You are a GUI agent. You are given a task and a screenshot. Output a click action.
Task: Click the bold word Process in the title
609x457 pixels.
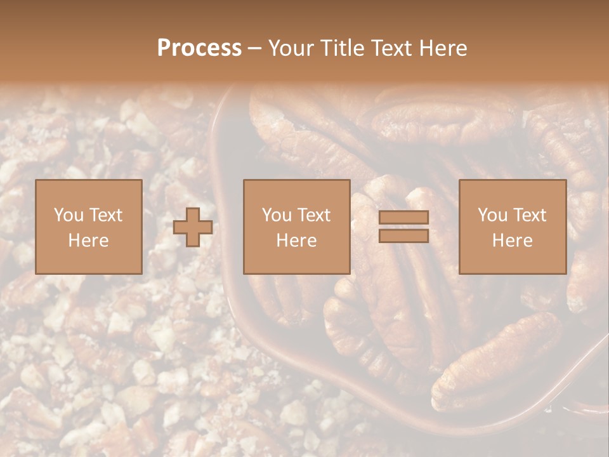tap(199, 48)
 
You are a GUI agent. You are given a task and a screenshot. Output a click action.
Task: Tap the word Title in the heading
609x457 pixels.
tap(343, 48)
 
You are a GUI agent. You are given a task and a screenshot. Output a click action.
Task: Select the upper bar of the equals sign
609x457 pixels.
tap(403, 217)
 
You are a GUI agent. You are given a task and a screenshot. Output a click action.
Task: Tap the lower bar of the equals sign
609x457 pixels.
tap(403, 236)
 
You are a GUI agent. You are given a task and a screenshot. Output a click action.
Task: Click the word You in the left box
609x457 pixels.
tap(69, 215)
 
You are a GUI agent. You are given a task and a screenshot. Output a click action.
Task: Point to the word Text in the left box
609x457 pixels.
tap(105, 215)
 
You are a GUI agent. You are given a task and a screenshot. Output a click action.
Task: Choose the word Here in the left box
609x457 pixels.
tap(88, 241)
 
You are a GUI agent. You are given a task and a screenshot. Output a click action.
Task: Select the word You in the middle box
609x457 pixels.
tap(277, 215)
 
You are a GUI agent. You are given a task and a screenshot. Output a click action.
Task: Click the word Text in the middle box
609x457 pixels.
tap(313, 215)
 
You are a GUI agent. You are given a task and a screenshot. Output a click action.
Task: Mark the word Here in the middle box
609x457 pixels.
tap(296, 241)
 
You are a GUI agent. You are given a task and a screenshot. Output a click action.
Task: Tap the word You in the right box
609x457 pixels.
tap(492, 215)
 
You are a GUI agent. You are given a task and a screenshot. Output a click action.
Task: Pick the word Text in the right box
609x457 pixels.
tap(529, 215)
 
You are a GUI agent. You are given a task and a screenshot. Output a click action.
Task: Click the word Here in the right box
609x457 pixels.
tap(512, 241)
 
